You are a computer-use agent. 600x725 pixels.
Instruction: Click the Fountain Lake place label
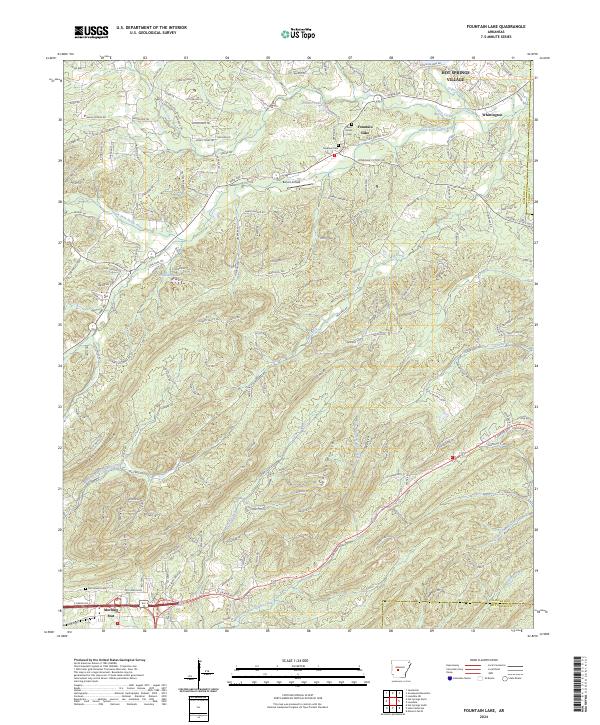coord(365,127)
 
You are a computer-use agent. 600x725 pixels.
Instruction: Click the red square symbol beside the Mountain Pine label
coord(118,621)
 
